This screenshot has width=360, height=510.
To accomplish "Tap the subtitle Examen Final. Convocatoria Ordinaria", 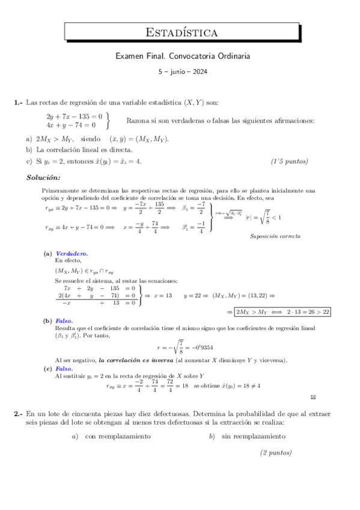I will [x=182, y=56].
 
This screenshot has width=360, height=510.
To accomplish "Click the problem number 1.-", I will [x=19, y=102].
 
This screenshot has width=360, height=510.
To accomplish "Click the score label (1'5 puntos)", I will [x=290, y=161].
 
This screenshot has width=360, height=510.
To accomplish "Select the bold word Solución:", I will [x=43, y=177].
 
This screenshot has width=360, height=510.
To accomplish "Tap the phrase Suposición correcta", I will [x=275, y=236].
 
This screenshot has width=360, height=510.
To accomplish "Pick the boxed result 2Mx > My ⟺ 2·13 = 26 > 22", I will [x=283, y=312].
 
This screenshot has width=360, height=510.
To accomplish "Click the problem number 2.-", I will [x=19, y=414].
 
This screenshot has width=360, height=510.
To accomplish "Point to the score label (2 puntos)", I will [x=276, y=453].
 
